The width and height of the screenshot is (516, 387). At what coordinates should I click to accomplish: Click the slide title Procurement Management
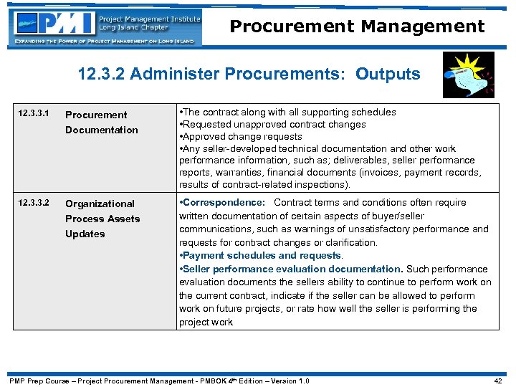pyautogui.click(x=357, y=27)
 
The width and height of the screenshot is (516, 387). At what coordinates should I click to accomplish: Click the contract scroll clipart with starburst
pyautogui.click(x=468, y=75)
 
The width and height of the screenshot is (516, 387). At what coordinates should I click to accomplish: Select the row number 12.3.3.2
pyautogui.click(x=35, y=203)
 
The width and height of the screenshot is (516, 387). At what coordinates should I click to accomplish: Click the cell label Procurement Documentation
pyautogui.click(x=101, y=122)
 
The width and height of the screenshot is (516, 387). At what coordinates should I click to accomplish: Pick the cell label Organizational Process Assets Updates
pyautogui.click(x=102, y=219)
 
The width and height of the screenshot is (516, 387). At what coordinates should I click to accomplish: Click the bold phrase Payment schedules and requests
pyautogui.click(x=262, y=256)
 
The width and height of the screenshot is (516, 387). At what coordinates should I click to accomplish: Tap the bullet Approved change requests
pyautogui.click(x=242, y=136)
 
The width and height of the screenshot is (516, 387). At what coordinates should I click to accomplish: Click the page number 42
pyautogui.click(x=499, y=381)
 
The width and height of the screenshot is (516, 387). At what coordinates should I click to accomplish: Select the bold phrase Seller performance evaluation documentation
pyautogui.click(x=292, y=269)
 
